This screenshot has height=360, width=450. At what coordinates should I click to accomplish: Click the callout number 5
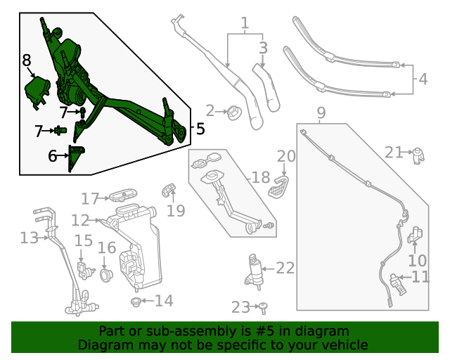[200, 129]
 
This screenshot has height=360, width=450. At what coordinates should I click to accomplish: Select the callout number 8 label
[26, 60]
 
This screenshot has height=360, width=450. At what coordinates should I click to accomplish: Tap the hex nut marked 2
[231, 111]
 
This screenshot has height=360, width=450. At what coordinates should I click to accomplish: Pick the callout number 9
[321, 113]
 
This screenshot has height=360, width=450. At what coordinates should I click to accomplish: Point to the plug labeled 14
[136, 302]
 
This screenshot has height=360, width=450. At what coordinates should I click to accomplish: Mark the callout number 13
[29, 238]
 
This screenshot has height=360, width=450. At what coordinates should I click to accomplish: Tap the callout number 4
[423, 79]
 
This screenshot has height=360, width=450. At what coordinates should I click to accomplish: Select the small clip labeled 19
[169, 188]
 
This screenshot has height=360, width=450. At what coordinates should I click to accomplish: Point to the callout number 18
[260, 178]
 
